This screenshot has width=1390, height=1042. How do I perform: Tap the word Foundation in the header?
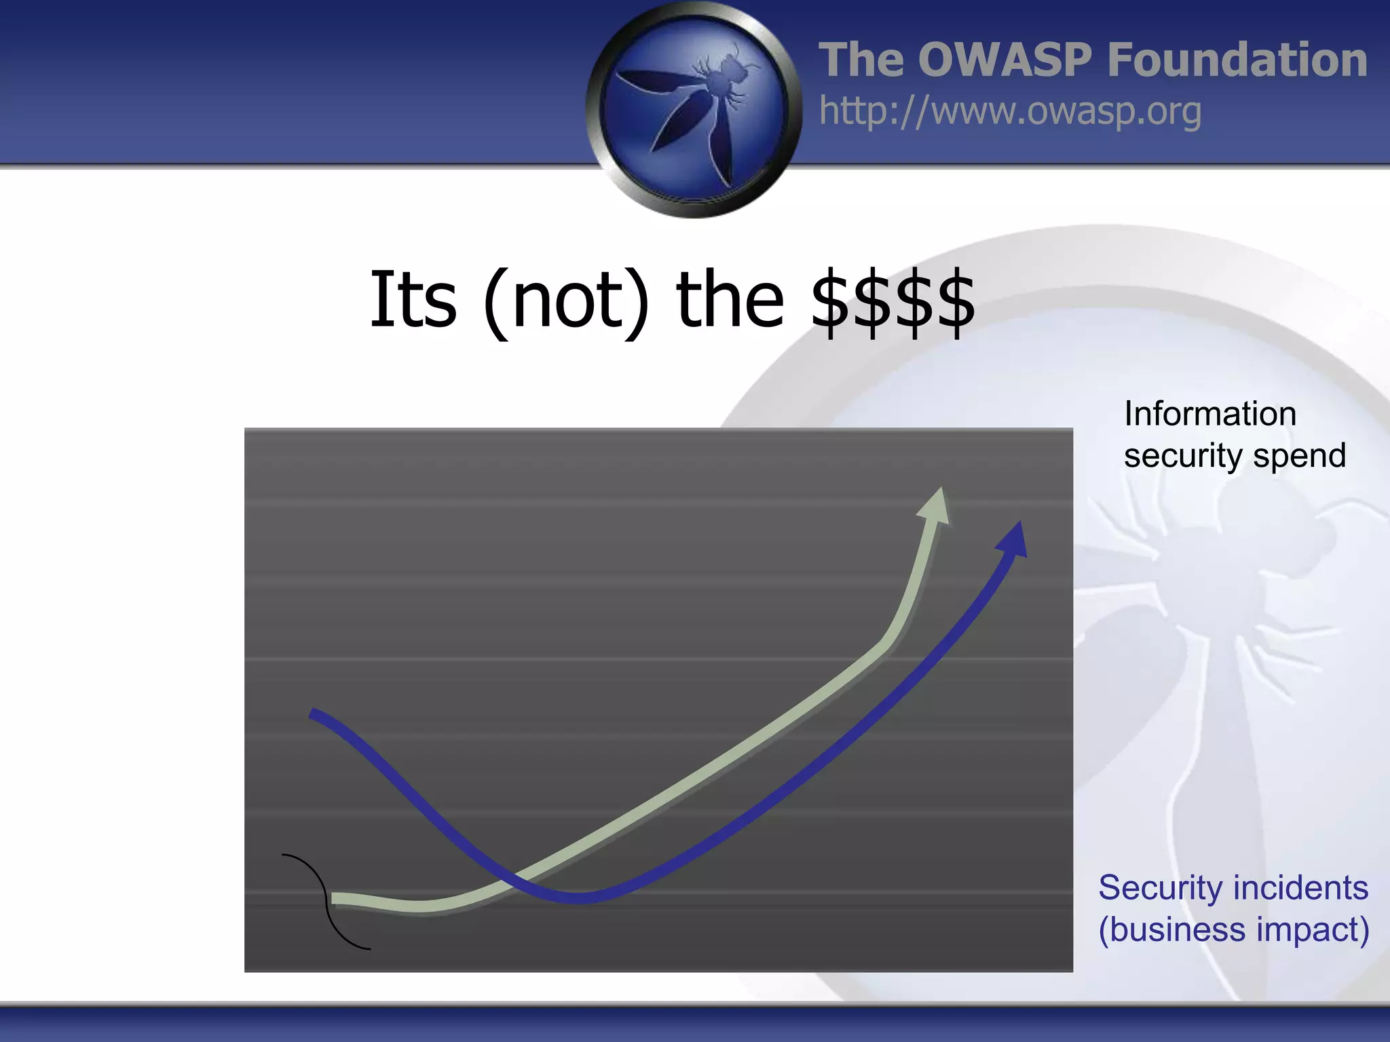click(x=1237, y=60)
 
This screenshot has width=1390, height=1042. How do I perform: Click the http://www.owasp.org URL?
click(x=1010, y=111)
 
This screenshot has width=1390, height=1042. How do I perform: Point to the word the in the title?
click(x=730, y=300)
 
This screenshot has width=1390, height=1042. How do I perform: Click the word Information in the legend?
click(x=1209, y=414)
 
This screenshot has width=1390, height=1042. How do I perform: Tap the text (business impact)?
click(x=1233, y=929)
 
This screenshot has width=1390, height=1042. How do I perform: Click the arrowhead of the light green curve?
click(x=935, y=505)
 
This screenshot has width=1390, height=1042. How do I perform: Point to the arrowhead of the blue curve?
click(x=1014, y=539)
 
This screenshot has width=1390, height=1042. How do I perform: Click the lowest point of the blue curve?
click(x=580, y=898)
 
